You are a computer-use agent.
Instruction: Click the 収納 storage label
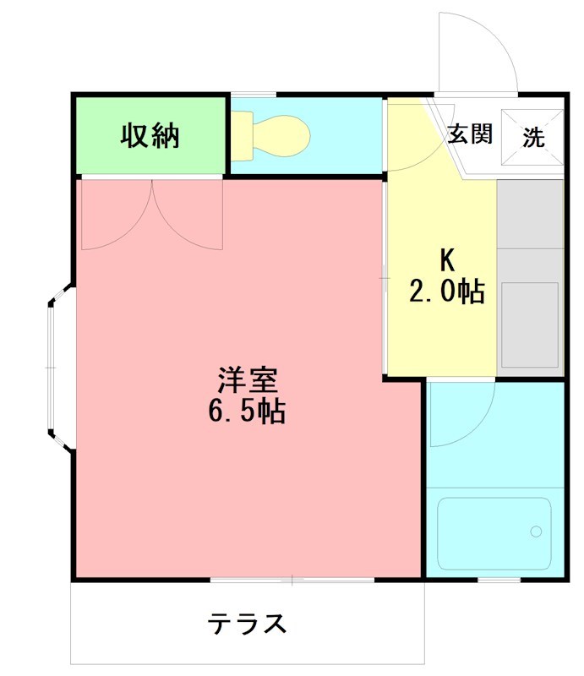click(x=150, y=136)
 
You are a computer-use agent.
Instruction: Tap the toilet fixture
click(x=270, y=136)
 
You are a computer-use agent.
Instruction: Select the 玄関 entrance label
click(x=469, y=134)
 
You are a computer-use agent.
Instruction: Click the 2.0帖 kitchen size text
click(x=446, y=292)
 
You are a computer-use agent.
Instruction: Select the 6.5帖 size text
click(x=246, y=412)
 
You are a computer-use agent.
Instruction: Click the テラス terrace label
click(x=247, y=624)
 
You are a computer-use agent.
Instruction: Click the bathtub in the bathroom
click(x=494, y=533)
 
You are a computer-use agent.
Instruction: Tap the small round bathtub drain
click(x=535, y=532)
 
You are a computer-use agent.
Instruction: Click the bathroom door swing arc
click(x=461, y=414)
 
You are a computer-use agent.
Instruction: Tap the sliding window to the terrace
click(x=292, y=580)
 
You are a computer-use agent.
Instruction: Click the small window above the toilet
click(x=253, y=95)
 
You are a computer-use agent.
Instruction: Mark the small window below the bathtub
click(x=499, y=580)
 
